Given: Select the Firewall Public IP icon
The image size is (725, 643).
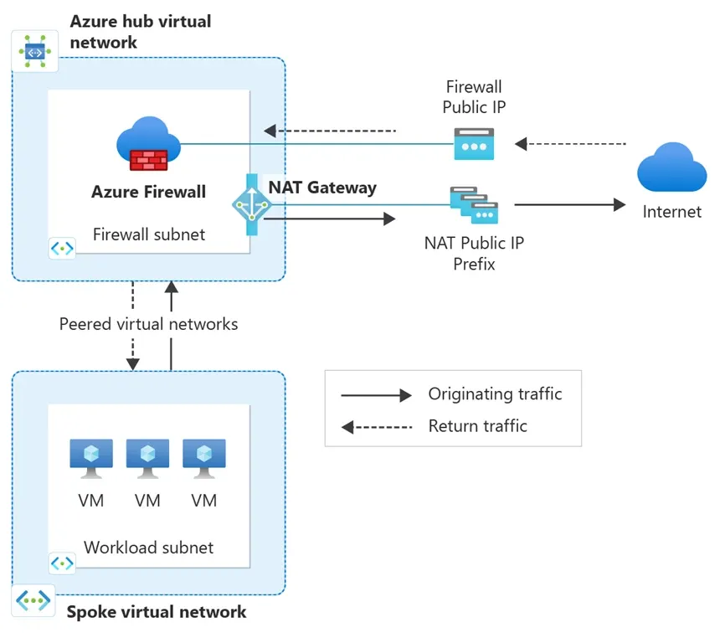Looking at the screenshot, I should point(474,143).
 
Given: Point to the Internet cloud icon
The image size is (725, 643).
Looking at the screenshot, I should point(671,167).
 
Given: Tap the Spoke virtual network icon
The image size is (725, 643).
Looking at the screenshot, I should point(33,600).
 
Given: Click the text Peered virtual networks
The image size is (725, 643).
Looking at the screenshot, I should point(149,324).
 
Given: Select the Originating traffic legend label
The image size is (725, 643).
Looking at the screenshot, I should point(495,394).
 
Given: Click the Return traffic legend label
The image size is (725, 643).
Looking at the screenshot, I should point(477,426).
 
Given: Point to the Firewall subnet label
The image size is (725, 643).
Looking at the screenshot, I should point(149,234).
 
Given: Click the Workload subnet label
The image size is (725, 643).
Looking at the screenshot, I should point(149,548).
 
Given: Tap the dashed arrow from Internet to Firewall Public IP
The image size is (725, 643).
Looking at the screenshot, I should point(571,144).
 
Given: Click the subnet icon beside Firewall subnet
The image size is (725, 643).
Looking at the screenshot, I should point(63,248).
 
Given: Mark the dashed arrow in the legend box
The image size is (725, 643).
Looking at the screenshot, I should point(377,427).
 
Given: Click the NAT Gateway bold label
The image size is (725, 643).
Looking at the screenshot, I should point(322,188).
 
